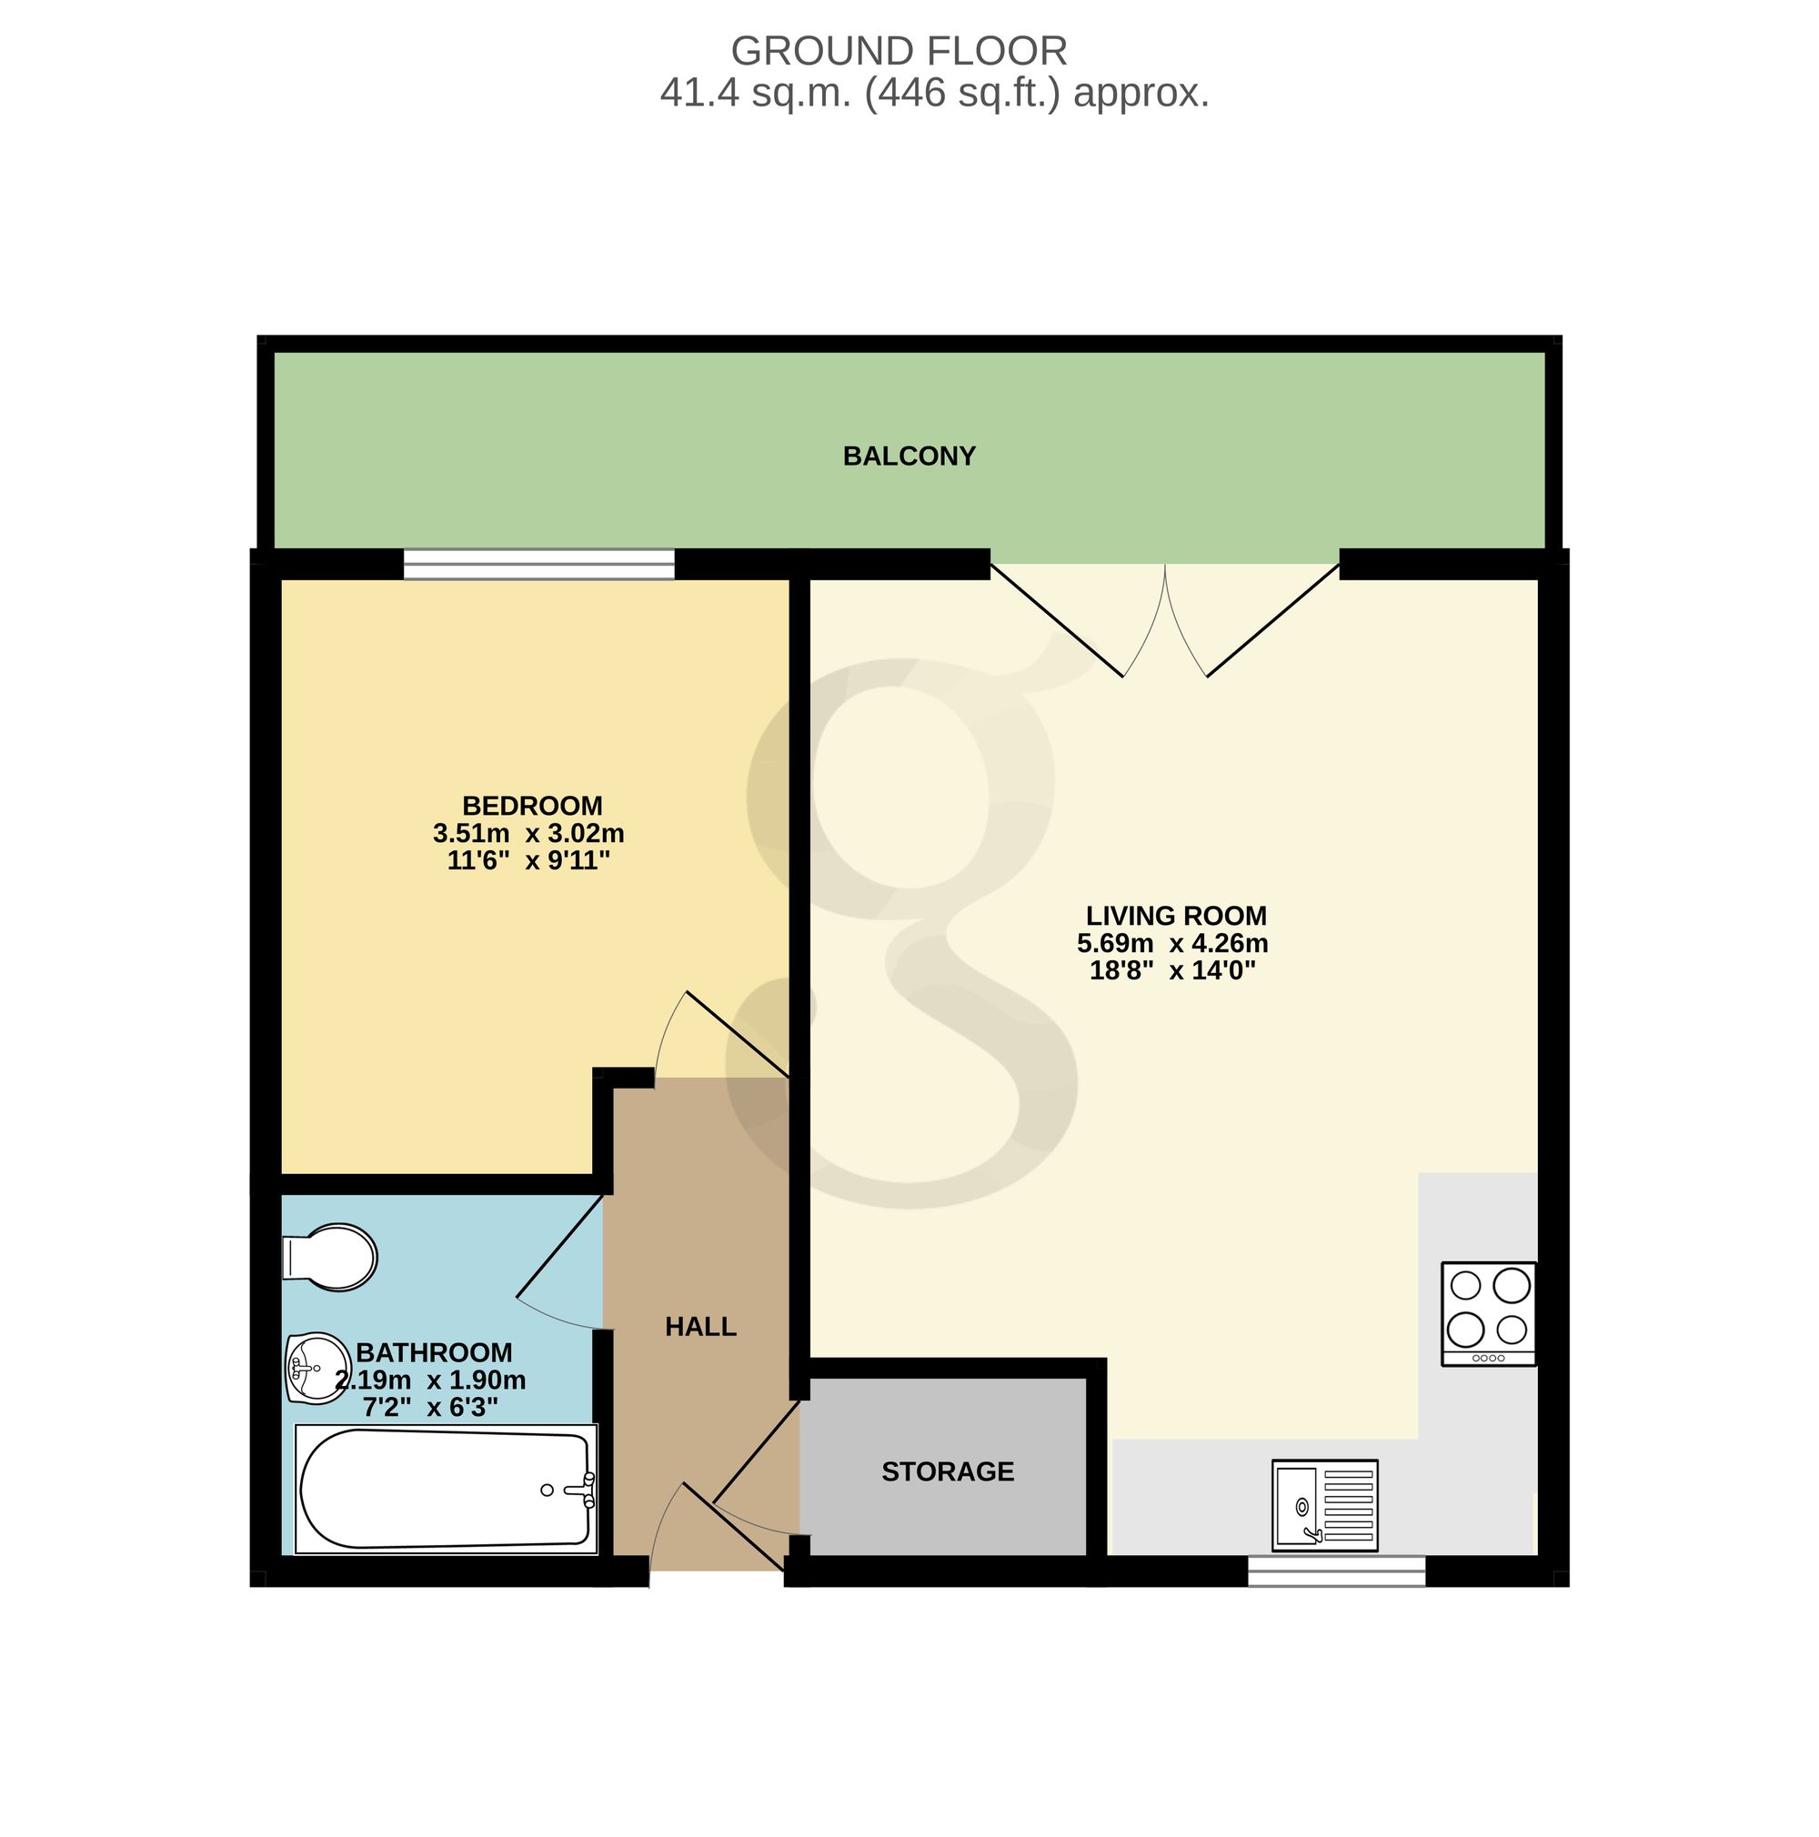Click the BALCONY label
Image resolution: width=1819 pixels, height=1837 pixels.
(x=909, y=457)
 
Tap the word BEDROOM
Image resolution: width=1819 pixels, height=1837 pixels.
(x=531, y=807)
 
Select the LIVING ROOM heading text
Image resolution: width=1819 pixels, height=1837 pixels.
(x=1176, y=916)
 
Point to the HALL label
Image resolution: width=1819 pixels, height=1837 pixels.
(x=701, y=1327)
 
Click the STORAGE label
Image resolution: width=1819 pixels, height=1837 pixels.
(x=947, y=1472)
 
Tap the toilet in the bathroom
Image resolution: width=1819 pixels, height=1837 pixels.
(x=329, y=1257)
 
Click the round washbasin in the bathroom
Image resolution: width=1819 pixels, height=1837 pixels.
(x=317, y=1367)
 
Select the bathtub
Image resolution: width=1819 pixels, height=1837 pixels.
(x=446, y=1489)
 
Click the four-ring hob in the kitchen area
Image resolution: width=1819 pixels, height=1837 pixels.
(x=1488, y=1313)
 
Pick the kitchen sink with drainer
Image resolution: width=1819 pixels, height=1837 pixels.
(x=1324, y=1505)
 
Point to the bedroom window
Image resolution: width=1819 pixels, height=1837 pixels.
(x=539, y=564)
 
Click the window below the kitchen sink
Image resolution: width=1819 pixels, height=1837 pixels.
(x=1336, y=1571)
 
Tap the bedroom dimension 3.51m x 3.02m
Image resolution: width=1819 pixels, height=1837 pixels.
(x=528, y=834)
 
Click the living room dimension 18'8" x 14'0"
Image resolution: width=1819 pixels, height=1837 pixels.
(x=1172, y=971)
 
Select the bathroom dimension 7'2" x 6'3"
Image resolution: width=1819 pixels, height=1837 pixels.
(x=431, y=1407)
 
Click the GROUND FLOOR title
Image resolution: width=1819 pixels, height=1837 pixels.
(x=899, y=51)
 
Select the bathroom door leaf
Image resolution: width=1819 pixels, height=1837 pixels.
(x=560, y=1246)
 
